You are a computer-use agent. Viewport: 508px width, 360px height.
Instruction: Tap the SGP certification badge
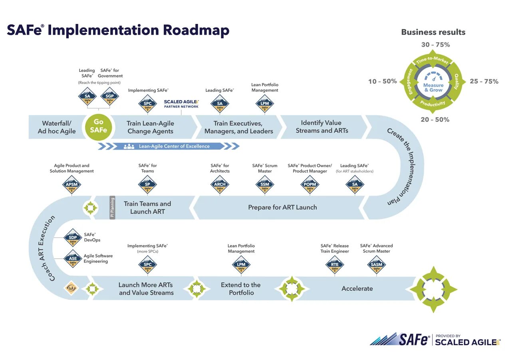point(109,97)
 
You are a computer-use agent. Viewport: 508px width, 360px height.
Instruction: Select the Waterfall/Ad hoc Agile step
point(57,127)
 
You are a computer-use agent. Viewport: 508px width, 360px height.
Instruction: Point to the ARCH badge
point(220,184)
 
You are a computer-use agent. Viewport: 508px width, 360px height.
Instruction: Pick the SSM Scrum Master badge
point(265,184)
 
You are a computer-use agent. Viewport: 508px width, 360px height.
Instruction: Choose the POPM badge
point(310,184)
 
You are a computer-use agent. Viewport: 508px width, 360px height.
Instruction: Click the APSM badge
point(72,184)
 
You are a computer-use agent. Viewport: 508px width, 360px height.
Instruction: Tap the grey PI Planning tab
point(112,208)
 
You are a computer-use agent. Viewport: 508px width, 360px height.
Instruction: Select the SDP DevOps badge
point(73,238)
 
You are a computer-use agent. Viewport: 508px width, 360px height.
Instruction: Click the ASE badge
point(73,259)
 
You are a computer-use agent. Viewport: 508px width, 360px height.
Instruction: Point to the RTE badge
point(335,265)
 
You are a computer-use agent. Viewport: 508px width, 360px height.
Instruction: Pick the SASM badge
point(376,265)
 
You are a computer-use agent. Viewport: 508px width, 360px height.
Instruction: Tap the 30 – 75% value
point(435,45)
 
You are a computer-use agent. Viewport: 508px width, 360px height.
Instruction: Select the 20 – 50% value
point(435,120)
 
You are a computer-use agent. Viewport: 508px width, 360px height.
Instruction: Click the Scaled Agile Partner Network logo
point(181,104)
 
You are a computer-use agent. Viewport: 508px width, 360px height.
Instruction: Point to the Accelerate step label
point(357,289)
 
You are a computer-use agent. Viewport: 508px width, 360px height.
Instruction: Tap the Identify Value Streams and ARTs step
point(321,127)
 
